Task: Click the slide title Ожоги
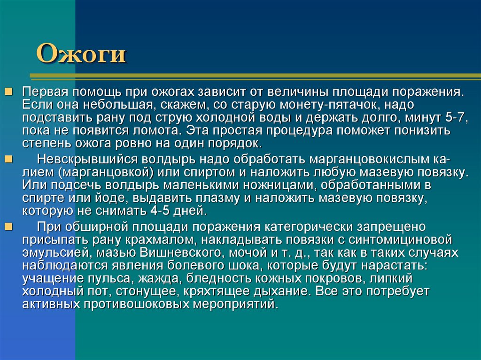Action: click(81, 53)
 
